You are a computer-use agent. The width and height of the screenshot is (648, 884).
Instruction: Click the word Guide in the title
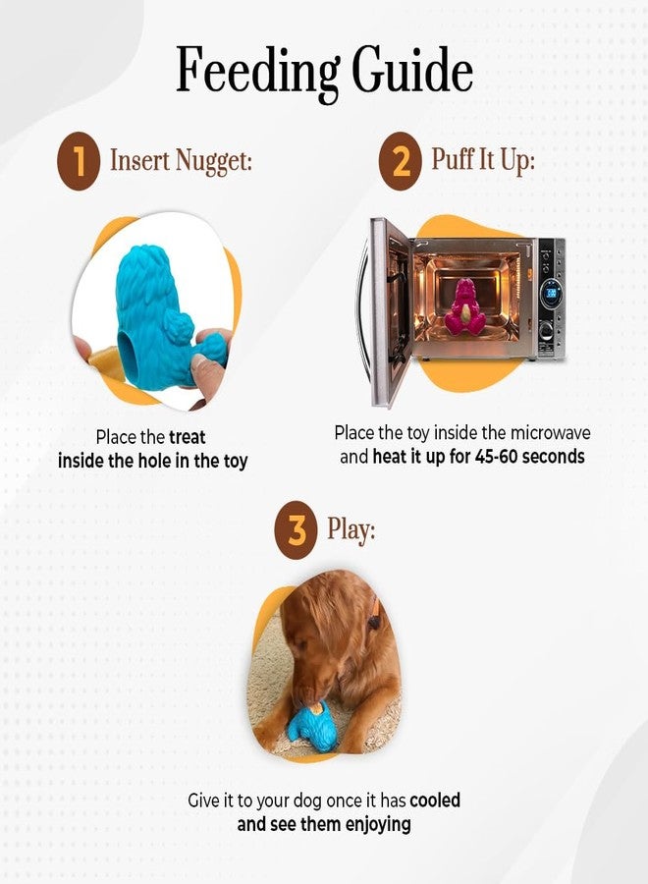[412, 70]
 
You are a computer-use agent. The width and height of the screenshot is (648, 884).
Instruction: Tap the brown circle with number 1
[79, 161]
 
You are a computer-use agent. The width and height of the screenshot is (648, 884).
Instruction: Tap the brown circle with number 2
[400, 161]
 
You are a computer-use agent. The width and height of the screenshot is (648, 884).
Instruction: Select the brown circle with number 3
[296, 530]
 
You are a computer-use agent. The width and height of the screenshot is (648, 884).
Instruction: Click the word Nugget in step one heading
[214, 161]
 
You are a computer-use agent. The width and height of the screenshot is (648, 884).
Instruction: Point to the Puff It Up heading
[483, 159]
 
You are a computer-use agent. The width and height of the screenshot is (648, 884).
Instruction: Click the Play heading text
[351, 529]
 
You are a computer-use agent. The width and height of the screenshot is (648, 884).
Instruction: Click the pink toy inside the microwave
[464, 306]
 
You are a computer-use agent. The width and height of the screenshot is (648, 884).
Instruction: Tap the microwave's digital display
[551, 293]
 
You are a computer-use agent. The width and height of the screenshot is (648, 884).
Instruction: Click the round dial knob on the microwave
[546, 329]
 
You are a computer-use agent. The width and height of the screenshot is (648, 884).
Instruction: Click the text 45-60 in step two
[496, 456]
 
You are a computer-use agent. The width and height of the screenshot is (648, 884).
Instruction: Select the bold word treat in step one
[188, 437]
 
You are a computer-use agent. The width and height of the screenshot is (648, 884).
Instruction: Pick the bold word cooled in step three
[435, 800]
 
